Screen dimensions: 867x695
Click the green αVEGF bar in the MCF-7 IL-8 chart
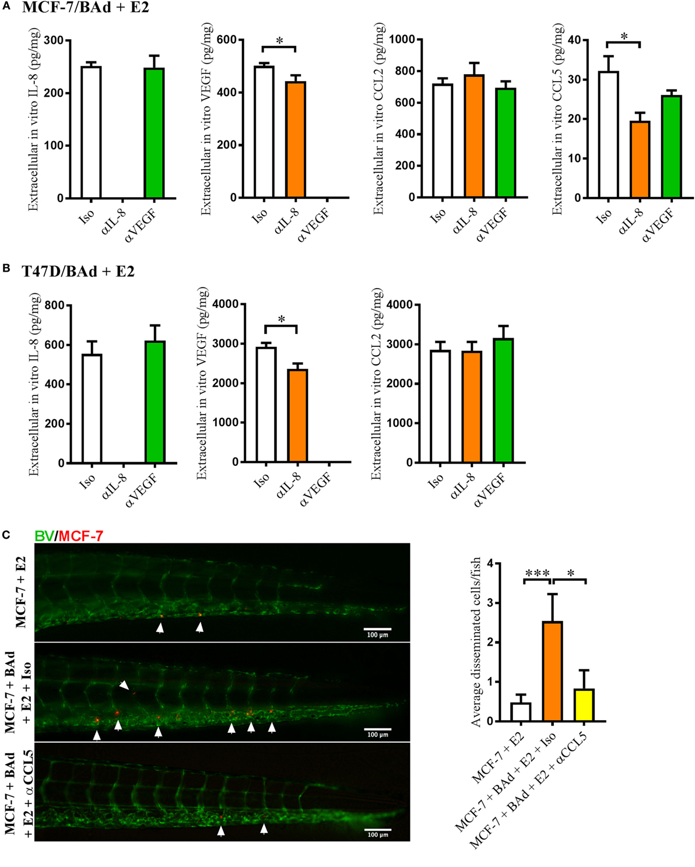(154, 133)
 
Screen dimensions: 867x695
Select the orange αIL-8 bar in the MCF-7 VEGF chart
(296, 139)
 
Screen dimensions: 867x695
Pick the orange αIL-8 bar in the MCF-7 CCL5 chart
(640, 159)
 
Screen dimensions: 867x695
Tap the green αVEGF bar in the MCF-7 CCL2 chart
(506, 142)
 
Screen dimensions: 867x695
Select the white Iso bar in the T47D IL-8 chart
(92, 408)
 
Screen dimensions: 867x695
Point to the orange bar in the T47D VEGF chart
(297, 415)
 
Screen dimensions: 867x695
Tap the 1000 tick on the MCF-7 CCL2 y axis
(402, 40)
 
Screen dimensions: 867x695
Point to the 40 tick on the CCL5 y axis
(575, 40)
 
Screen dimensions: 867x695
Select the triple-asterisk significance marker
(537, 574)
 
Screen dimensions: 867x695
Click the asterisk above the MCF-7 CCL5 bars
(624, 37)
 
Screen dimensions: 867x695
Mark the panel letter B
(6, 268)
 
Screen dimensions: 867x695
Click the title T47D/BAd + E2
(78, 272)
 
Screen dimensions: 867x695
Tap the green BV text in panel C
(44, 536)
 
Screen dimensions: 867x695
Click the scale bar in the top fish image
(377, 629)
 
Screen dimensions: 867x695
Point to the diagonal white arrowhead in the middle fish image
(124, 686)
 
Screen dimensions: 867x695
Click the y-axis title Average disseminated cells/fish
(476, 641)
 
